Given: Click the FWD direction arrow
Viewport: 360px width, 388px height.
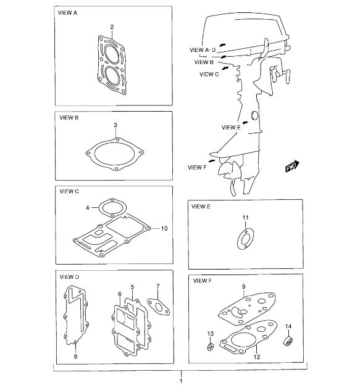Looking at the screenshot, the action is (292, 166).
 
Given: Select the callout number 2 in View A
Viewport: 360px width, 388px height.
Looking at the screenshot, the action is (112, 27).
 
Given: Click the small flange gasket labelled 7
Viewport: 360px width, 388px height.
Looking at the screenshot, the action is (159, 307).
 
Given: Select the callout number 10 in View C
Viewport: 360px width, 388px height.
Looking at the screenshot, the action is (164, 228).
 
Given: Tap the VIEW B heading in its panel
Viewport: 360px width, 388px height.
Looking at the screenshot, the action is (69, 118).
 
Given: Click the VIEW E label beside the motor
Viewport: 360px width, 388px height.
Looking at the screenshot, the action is (231, 128).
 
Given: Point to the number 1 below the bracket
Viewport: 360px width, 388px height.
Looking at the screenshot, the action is (181, 381).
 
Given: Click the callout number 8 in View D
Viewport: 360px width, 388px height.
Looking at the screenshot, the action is (75, 357).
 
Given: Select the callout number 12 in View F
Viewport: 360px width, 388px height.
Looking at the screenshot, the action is (257, 357).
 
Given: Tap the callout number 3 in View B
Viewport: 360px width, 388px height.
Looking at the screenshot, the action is (115, 125).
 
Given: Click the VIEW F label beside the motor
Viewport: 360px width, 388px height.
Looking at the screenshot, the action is (197, 168).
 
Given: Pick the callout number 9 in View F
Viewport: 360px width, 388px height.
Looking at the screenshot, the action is (244, 287).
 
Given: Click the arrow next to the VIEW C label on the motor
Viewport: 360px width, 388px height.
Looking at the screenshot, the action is (225, 68).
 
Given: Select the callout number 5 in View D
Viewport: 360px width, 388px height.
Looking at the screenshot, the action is (132, 287).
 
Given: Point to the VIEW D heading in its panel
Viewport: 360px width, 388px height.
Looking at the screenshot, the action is (69, 277).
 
